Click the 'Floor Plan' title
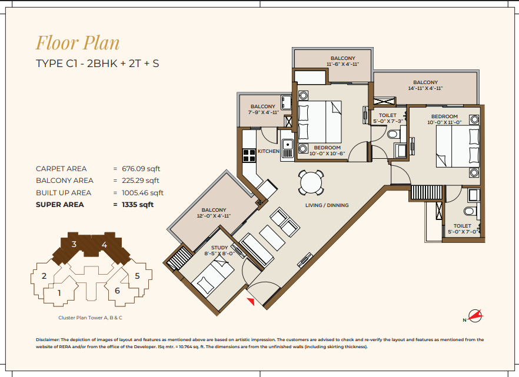78,44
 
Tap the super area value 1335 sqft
138,205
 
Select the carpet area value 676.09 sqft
141,169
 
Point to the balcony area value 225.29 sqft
140,181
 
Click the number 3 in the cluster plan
74,244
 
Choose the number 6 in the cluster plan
117,291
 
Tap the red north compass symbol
475,316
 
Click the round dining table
311,182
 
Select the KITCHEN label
268,151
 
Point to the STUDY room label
219,248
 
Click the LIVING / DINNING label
327,205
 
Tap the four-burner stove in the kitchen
249,155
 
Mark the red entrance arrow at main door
251,301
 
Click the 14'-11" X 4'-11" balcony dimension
425,88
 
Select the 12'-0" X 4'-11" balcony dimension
214,216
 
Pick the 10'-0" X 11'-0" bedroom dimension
444,122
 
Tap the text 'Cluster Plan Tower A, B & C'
91,318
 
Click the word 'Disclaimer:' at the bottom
48,339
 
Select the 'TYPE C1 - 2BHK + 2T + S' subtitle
97,64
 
